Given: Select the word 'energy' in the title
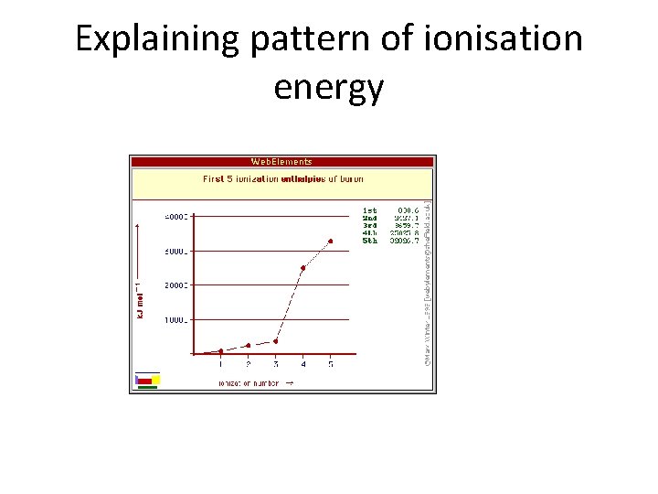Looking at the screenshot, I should coord(328,88).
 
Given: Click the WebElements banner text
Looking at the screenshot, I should coord(281,162).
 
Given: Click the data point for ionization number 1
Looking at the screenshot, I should coord(220,351).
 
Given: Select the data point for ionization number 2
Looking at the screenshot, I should coord(248,346).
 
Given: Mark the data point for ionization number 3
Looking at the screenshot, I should coord(275,341).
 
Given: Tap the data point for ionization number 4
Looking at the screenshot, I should coord(302,268).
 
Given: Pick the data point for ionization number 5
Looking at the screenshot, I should coord(330,242).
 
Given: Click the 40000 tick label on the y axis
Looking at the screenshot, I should coord(176,217).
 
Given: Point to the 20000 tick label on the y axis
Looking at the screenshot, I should coord(176,285).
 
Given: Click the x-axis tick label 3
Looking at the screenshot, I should coord(275,364).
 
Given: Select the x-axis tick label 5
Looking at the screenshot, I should coord(330,364).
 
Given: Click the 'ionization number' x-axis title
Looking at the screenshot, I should coord(249,381).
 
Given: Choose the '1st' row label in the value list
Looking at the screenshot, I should coord(369,209).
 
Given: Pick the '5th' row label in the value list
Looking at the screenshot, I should coord(369,241).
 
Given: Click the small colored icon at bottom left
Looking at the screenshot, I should coord(147,381).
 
